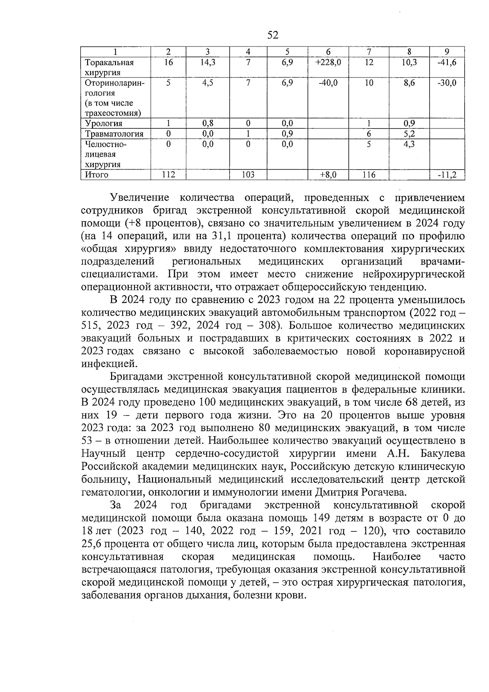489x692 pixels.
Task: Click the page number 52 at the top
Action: click(273, 35)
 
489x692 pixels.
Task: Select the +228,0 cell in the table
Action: click(328, 62)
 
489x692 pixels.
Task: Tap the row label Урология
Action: click(104, 124)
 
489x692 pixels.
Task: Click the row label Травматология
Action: click(114, 134)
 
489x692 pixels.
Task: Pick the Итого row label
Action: click(97, 175)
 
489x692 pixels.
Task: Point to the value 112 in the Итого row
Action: click(168, 175)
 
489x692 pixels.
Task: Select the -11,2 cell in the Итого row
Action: click(447, 175)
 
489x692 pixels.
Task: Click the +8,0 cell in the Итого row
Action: click(328, 175)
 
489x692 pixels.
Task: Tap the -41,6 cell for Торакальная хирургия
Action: click(447, 62)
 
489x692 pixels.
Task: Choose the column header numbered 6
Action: click(328, 52)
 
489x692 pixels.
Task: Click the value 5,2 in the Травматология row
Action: click(409, 134)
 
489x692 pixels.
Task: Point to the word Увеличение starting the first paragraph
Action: click(139, 198)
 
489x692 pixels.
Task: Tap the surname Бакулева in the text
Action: click(442, 454)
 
